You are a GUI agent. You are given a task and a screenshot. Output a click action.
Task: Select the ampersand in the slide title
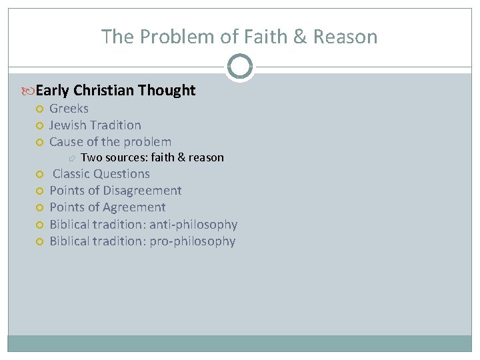point(301,37)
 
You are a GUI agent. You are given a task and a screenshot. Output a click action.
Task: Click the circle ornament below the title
point(240,67)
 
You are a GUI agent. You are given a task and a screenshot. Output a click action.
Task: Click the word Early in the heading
point(53,91)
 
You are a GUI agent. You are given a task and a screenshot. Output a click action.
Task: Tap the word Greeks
point(69,109)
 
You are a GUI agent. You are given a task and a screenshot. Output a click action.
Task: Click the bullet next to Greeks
point(40,109)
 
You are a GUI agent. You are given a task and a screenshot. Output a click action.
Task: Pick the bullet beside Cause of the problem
point(40,142)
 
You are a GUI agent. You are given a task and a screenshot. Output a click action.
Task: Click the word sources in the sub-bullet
point(124,158)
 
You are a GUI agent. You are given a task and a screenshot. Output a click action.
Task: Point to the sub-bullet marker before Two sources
point(73,158)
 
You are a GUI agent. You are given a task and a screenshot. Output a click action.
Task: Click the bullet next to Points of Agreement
point(40,207)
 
